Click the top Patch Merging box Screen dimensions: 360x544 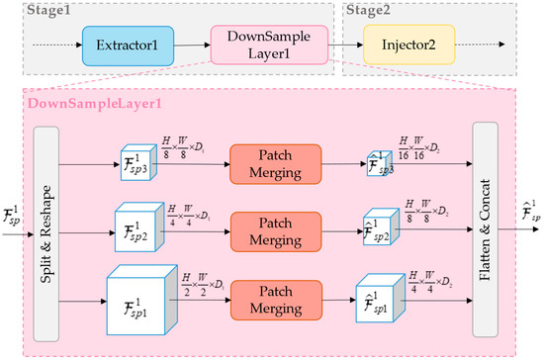point(275,163)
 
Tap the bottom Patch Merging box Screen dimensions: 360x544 point(275,300)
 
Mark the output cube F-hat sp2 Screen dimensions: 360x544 point(380,229)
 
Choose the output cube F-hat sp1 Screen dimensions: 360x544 point(381,300)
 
